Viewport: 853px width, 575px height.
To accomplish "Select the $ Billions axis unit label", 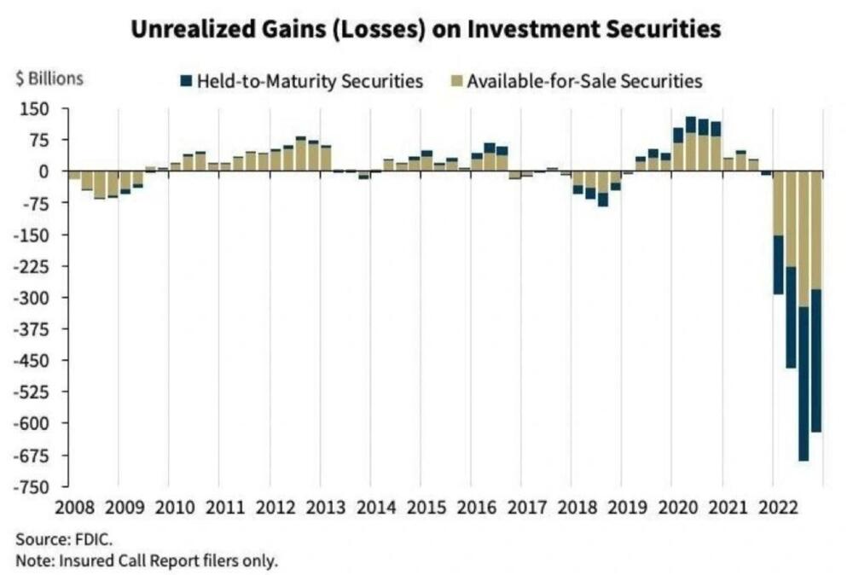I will point(49,78).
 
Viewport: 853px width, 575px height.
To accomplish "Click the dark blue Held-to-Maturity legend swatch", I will point(185,82).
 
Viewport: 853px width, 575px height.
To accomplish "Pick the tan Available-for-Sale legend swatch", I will point(456,82).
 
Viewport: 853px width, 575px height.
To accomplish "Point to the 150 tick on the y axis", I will point(36,108).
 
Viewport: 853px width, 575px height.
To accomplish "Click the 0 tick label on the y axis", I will point(43,171).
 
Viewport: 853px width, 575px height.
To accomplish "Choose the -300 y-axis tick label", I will point(32,298).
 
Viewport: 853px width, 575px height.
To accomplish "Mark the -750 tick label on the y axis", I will point(32,487).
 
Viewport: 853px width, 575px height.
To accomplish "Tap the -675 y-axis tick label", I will point(32,456).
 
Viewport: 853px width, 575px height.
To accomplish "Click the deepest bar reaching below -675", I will point(804,316).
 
